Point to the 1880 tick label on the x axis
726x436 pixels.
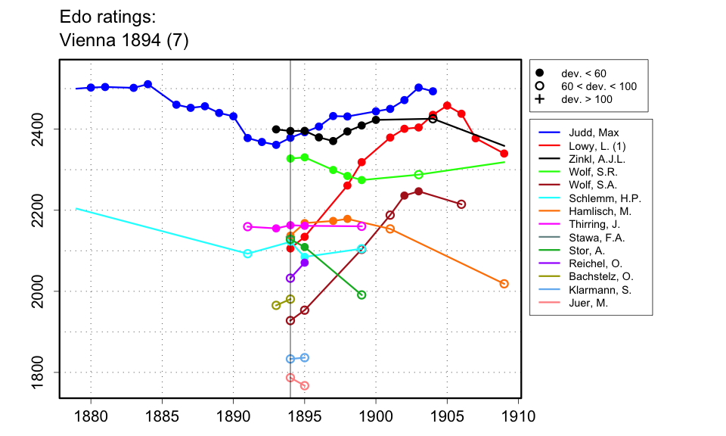(x=91, y=416)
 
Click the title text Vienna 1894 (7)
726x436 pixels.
(x=123, y=41)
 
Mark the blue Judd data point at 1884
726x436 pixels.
(x=148, y=84)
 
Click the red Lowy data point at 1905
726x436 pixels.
(x=447, y=105)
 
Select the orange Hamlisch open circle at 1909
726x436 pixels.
(x=504, y=284)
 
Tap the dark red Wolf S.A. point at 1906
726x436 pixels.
(x=461, y=204)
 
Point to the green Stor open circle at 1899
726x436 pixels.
(x=361, y=295)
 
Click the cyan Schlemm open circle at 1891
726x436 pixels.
(x=247, y=254)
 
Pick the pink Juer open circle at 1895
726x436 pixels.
(x=305, y=386)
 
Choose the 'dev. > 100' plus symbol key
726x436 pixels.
(x=540, y=99)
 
